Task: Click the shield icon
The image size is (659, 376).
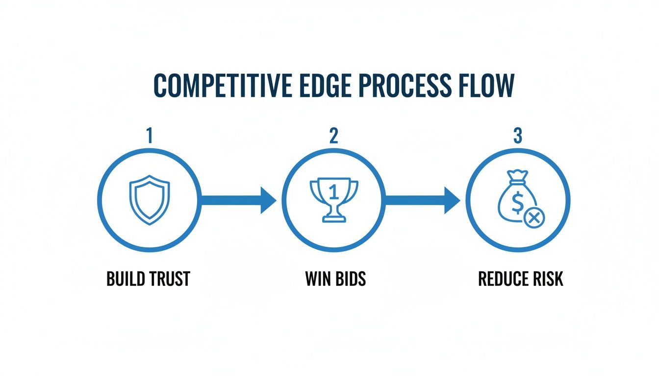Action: click(149, 201)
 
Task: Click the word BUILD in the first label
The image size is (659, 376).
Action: click(124, 279)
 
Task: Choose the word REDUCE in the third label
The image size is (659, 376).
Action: click(499, 279)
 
